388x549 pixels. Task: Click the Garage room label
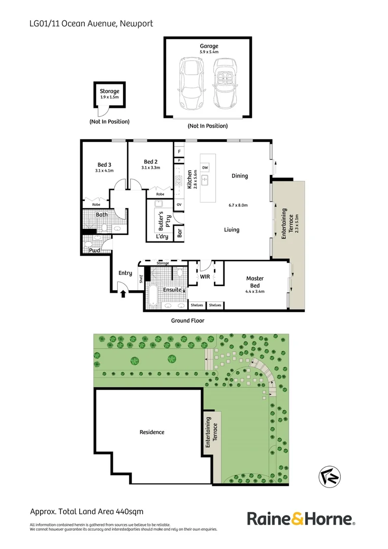209,46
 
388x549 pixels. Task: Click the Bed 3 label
104,164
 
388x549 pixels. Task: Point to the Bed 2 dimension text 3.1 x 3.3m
151,168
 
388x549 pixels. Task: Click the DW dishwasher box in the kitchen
205,168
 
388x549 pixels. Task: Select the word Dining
240,176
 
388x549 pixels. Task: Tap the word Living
232,230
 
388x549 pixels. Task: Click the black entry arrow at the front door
122,293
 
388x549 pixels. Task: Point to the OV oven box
179,205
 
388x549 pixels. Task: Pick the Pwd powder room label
94,251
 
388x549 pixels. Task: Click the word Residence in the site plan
152,432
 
